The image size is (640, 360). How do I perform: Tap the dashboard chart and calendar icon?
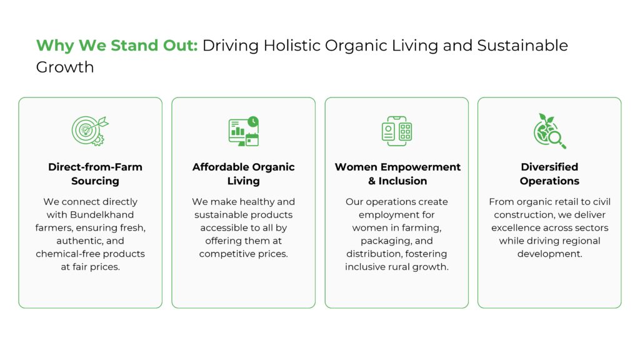coord(244,131)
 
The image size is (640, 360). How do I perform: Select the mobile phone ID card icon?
coord(397,131)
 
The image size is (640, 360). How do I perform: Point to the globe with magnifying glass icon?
coord(549,131)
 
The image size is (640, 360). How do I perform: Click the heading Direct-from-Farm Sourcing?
coord(95,174)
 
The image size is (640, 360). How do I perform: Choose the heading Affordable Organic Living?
coord(244,174)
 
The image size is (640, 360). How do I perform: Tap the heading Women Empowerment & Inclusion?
coord(397,174)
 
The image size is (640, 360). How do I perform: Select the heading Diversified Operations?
coord(549,174)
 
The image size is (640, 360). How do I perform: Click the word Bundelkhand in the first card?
coord(102,215)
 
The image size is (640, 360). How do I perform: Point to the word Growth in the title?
coord(65,67)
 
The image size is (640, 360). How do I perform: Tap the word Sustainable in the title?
coord(522,45)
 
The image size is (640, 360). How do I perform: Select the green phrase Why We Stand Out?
coord(117,45)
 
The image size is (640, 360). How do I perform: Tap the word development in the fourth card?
coord(549,254)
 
